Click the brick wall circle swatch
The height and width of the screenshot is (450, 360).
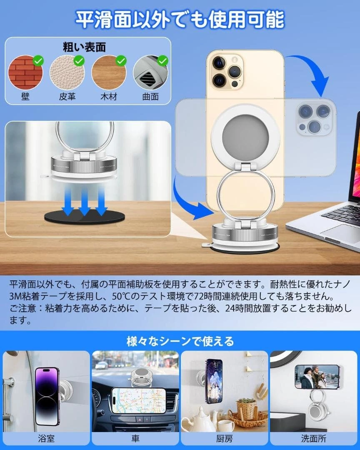coord(25,72)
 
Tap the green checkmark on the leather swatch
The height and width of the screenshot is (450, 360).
coord(79,61)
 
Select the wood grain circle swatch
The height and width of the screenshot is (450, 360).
coord(109,72)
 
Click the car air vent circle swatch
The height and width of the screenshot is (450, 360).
coord(150,72)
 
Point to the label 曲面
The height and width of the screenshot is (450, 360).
coord(150,96)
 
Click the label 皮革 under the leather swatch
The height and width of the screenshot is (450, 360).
coord(67,96)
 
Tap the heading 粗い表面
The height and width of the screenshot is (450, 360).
coord(85,47)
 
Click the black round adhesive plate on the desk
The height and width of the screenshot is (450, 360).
coord(85,217)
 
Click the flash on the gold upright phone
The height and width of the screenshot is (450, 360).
coord(235,60)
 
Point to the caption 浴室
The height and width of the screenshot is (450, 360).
coord(46,438)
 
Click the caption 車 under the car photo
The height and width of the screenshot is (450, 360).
coord(135,438)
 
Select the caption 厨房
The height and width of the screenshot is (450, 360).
coord(225,438)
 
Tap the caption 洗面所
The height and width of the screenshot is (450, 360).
coord(313,438)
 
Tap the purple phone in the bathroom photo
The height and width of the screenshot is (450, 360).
coord(47,396)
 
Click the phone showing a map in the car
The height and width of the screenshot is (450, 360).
coord(139,401)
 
